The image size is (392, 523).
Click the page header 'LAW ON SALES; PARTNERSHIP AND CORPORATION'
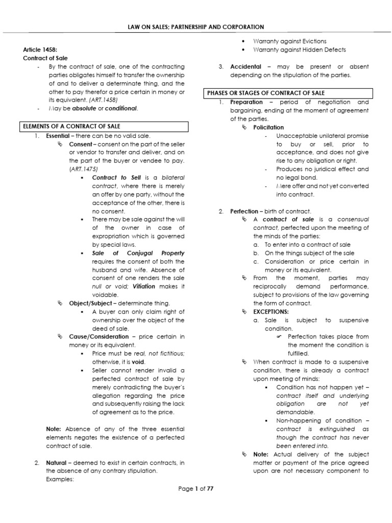click(x=196, y=26)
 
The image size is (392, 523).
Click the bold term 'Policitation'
click(x=268, y=127)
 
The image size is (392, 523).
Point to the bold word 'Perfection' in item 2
click(x=244, y=211)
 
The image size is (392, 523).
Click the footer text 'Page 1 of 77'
click(x=195, y=489)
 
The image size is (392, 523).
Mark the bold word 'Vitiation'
click(x=143, y=287)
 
